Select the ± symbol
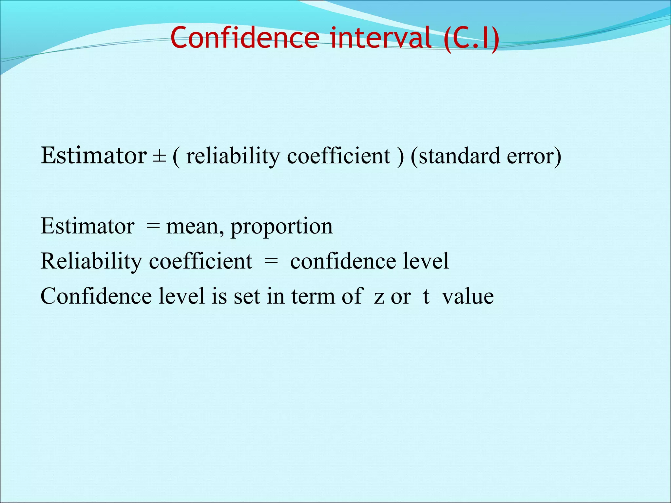click(x=159, y=157)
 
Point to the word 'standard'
click(x=455, y=156)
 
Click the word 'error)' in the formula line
click(x=534, y=156)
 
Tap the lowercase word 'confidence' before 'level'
click(x=343, y=261)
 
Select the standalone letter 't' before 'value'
click(x=426, y=296)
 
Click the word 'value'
click(x=468, y=296)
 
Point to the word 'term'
click(x=313, y=297)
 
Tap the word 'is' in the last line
click(x=219, y=296)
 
